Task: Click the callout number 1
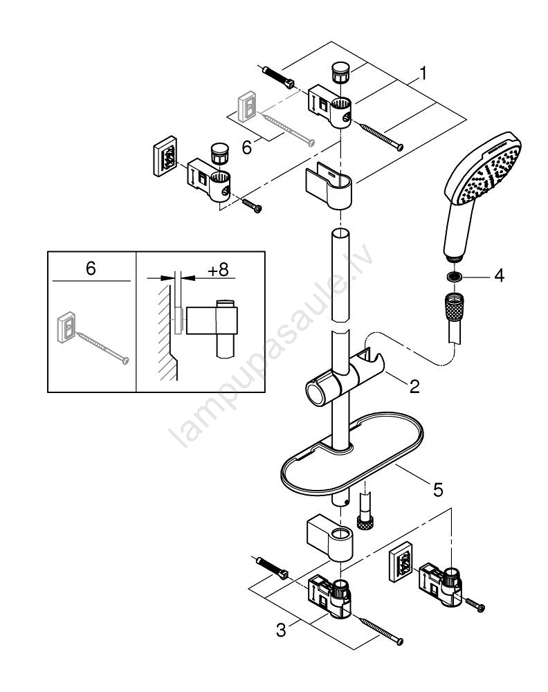423,73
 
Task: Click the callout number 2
414,387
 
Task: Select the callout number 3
281,630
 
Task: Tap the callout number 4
499,275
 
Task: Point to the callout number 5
438,489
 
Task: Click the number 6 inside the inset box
91,268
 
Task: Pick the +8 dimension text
219,270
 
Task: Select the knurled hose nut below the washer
454,305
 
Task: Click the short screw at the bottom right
475,605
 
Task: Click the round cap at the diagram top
339,73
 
